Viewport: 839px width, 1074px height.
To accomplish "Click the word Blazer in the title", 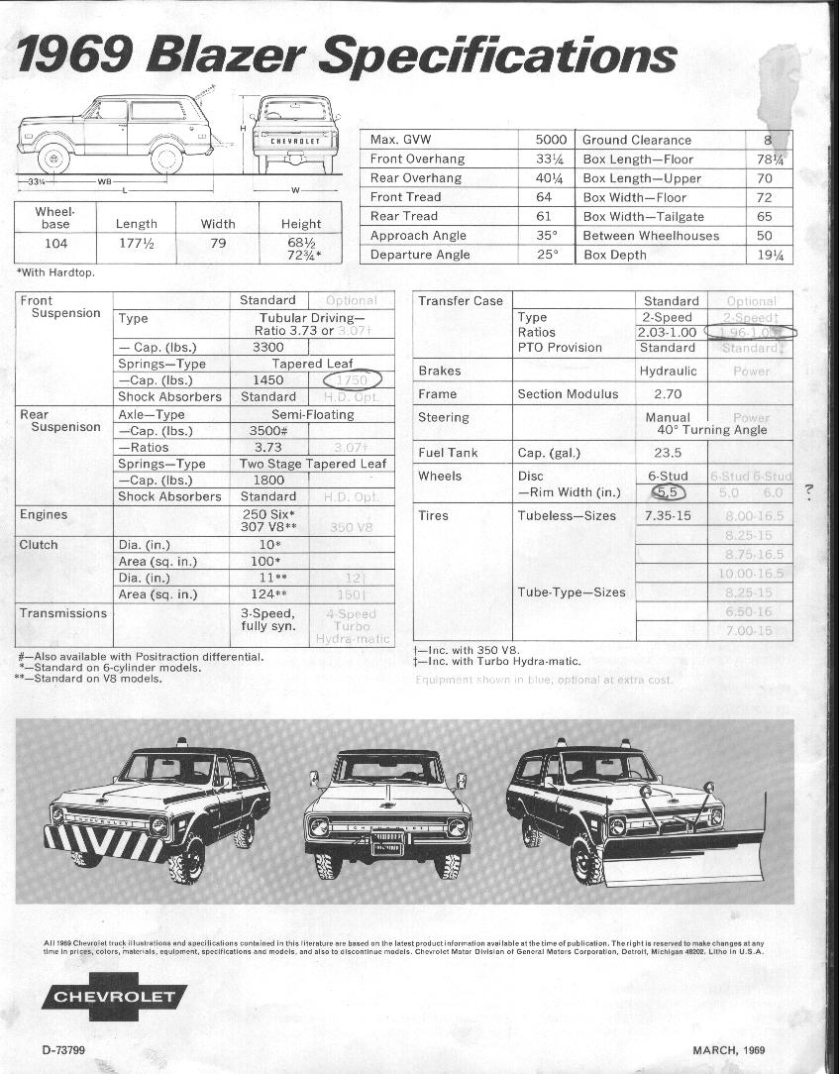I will click(x=229, y=54).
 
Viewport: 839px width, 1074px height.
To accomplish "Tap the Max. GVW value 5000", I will click(x=550, y=140).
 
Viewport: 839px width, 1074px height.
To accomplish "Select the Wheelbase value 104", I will click(x=56, y=244).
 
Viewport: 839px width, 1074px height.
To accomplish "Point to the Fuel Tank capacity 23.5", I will click(x=669, y=453).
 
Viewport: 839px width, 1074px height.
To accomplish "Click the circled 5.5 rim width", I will click(x=668, y=491).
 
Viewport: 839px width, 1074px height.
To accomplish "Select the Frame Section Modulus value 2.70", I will click(x=669, y=394).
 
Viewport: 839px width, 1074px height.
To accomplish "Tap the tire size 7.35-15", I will click(x=669, y=516).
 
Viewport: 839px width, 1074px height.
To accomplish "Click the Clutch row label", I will click(x=39, y=545).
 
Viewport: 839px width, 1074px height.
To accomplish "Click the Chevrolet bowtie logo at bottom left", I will click(x=114, y=997).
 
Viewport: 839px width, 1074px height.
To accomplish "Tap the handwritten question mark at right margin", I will click(x=809, y=490).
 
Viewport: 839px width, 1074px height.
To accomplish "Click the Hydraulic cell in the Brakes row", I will click(x=669, y=371).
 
